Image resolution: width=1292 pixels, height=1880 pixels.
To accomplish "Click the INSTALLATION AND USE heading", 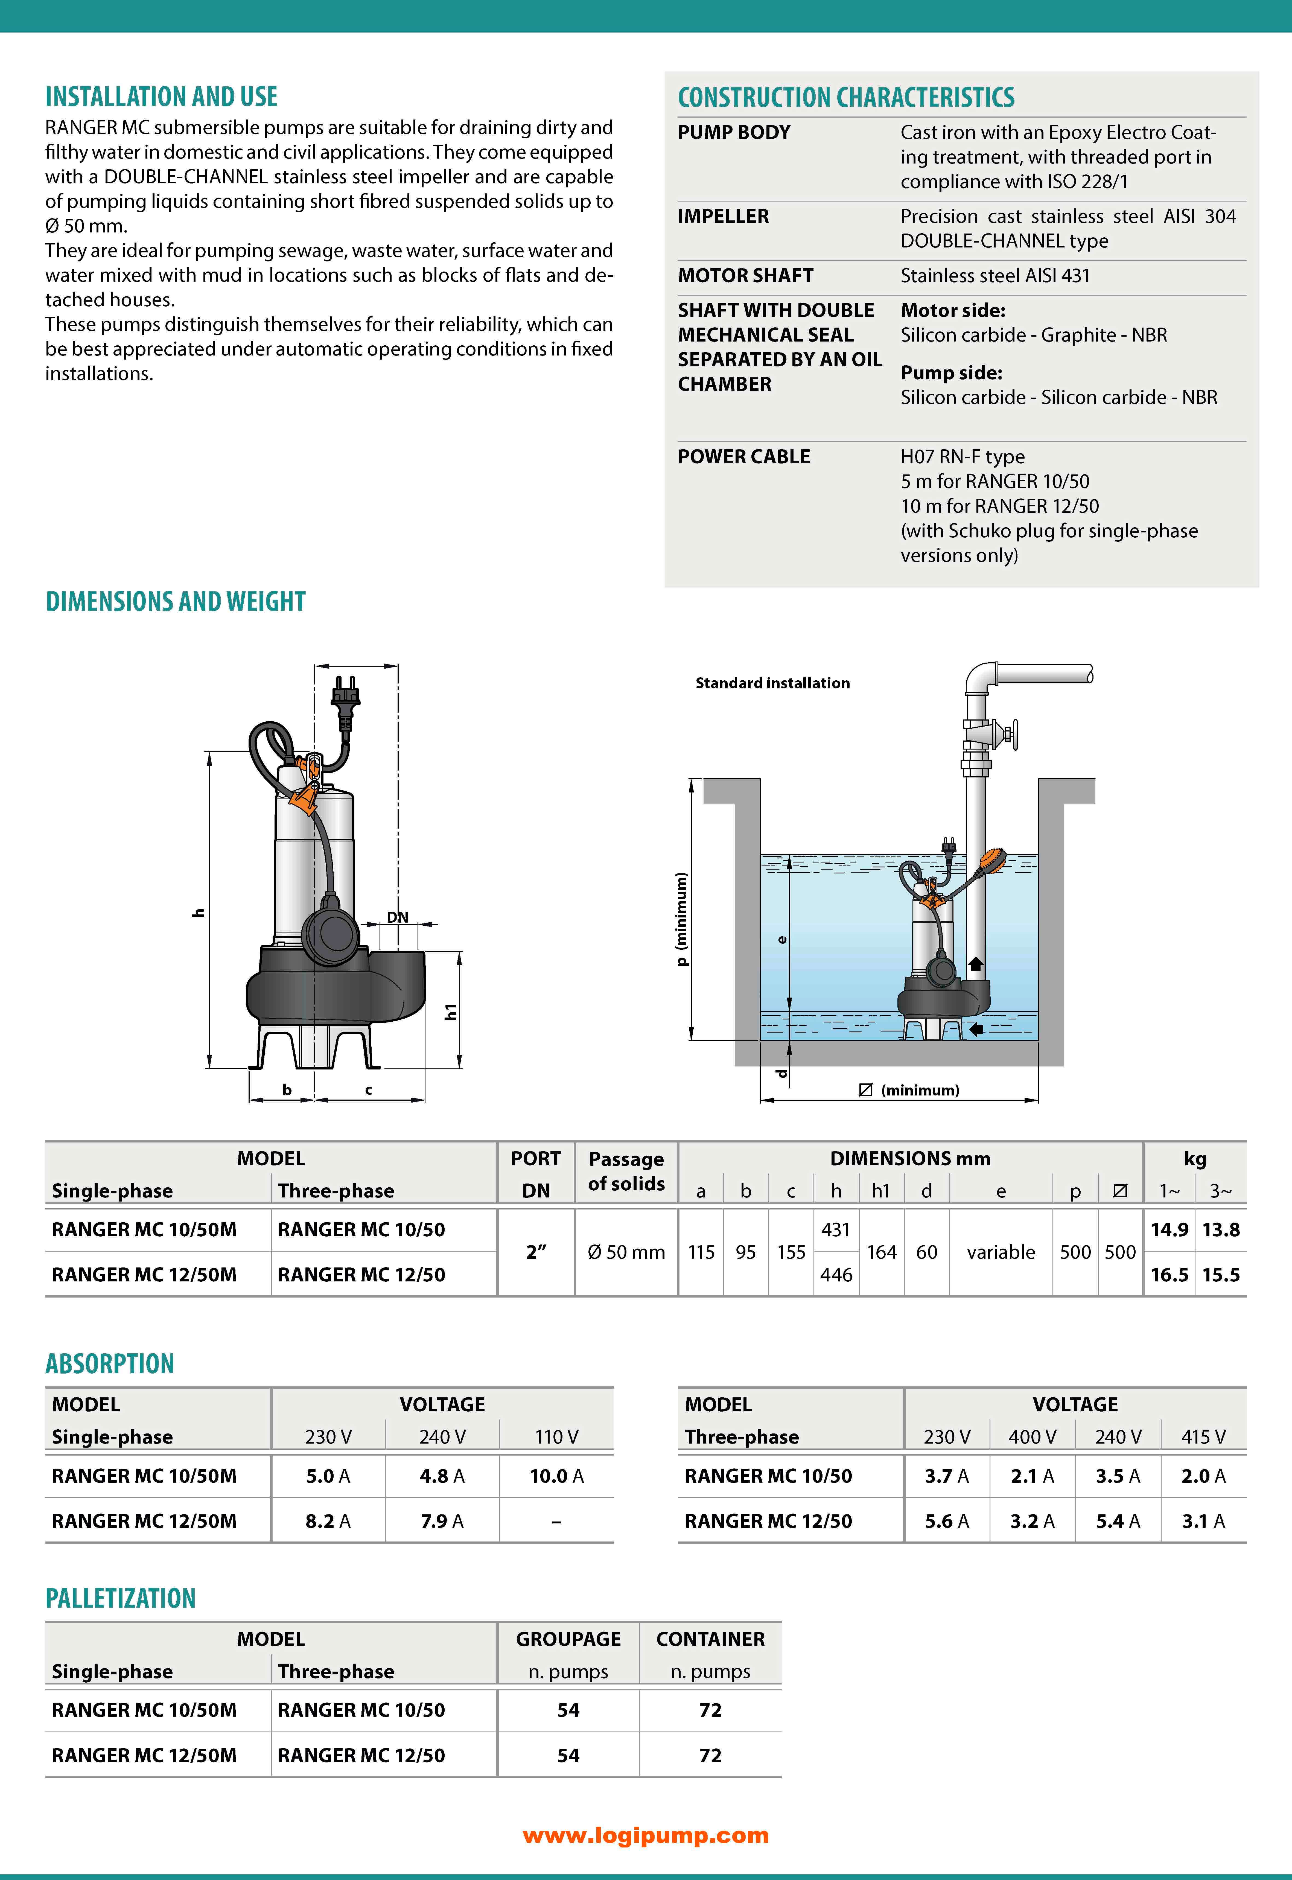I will pyautogui.click(x=161, y=97).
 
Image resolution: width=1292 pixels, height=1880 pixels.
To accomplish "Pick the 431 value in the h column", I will pyautogui.click(x=835, y=1230).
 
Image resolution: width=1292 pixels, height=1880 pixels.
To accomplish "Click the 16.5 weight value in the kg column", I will pyautogui.click(x=1169, y=1275).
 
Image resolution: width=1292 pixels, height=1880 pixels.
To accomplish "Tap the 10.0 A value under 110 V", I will pyautogui.click(x=556, y=1476).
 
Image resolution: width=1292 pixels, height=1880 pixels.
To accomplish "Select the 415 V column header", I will pyautogui.click(x=1203, y=1437).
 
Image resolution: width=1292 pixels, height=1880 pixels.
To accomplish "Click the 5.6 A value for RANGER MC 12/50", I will pyautogui.click(x=946, y=1521).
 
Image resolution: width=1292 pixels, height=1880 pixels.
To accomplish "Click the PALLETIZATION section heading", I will pyautogui.click(x=121, y=1598).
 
